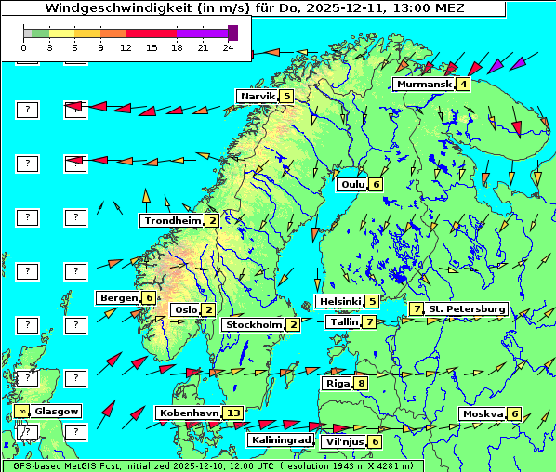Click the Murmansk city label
tap(424, 85)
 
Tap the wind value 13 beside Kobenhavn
tap(234, 413)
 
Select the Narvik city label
tap(258, 96)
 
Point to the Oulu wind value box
tap(376, 184)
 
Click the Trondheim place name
tap(172, 220)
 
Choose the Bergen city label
tap(119, 297)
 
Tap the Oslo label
tap(185, 309)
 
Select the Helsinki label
tap(339, 301)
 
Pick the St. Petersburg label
tap(467, 308)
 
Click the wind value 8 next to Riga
tap(361, 383)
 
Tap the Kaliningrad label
tap(280, 439)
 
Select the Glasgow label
tap(57, 411)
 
